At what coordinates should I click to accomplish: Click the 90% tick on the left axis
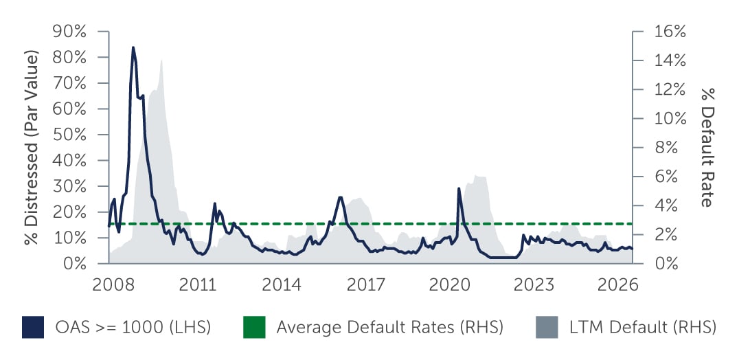point(69,32)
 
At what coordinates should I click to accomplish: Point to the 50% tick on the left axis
point(69,135)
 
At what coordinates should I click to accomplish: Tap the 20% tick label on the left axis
point(69,212)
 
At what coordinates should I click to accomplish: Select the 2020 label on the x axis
point(448,284)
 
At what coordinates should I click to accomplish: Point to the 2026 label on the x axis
point(618,284)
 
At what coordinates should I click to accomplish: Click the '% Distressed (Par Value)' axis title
point(31,147)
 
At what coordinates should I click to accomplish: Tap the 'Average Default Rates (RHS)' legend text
point(389,328)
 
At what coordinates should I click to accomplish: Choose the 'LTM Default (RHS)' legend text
point(642,328)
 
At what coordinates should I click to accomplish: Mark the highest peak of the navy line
point(133,47)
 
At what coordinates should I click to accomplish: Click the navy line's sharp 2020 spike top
point(459,188)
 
